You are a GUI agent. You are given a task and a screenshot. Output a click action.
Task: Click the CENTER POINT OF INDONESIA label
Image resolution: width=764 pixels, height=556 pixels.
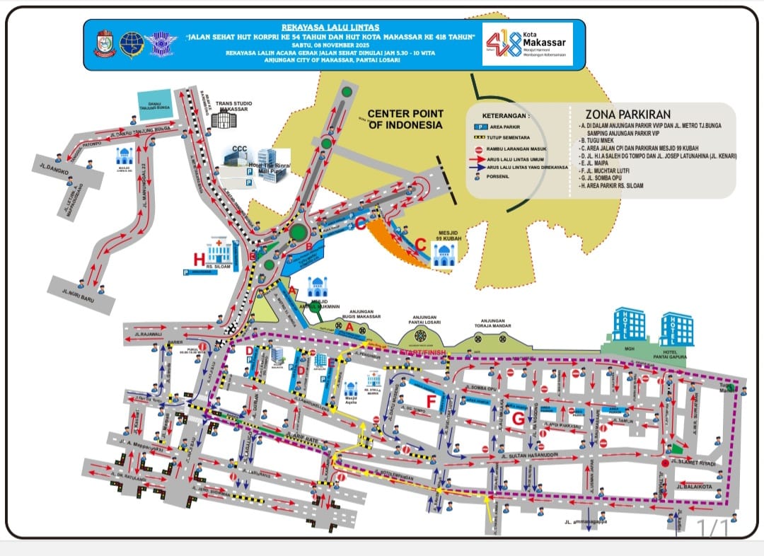pos(405,119)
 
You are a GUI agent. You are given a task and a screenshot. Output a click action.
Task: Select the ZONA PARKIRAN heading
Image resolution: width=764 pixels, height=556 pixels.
pos(627,115)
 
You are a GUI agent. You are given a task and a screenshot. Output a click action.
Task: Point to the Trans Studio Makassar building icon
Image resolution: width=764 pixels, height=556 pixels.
pos(223,120)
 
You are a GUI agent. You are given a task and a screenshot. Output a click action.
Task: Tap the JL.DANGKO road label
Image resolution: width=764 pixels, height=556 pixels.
pos(50,168)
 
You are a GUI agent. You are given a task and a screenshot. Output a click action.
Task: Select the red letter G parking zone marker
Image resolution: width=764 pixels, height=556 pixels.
pos(519,419)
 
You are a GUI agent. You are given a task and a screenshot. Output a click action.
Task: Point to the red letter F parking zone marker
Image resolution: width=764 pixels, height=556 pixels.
pos(430,402)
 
